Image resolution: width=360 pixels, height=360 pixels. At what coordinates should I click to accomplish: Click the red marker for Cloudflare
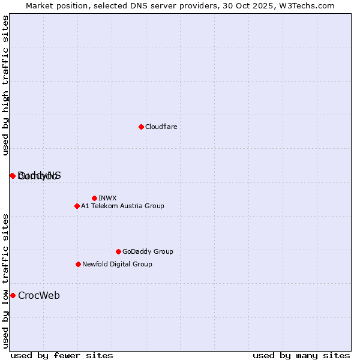point(141,127)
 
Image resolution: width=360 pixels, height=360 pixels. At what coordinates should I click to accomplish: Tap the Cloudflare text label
point(161,127)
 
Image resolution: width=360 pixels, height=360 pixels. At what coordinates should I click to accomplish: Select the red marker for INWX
point(94,198)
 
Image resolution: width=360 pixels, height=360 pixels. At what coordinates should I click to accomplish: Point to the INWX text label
point(107,198)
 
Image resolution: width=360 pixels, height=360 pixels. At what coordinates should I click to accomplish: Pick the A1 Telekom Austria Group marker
point(77,206)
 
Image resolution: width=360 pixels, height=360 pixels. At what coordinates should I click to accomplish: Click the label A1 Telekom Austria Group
point(122,206)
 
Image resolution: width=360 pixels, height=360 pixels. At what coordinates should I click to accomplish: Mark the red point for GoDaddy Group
point(118,251)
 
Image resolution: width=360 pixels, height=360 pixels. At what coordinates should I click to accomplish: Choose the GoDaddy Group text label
point(148,251)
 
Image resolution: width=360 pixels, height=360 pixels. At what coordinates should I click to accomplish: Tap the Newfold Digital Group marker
point(78,264)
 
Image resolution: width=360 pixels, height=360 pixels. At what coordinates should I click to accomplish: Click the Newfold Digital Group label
point(117,264)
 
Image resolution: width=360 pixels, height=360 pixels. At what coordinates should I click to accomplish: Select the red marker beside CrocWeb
point(13,295)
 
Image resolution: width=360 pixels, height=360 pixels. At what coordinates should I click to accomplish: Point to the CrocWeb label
point(39,295)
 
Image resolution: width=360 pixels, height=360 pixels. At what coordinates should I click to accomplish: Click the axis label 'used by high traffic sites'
point(6,86)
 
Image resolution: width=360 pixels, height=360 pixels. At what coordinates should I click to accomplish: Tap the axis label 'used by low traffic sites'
point(6,281)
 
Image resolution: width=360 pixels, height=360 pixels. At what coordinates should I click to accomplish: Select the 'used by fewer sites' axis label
point(62,355)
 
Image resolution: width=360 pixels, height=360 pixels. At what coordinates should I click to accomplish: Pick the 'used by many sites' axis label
point(301,355)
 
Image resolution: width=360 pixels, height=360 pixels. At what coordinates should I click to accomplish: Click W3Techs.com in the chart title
point(305,5)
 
